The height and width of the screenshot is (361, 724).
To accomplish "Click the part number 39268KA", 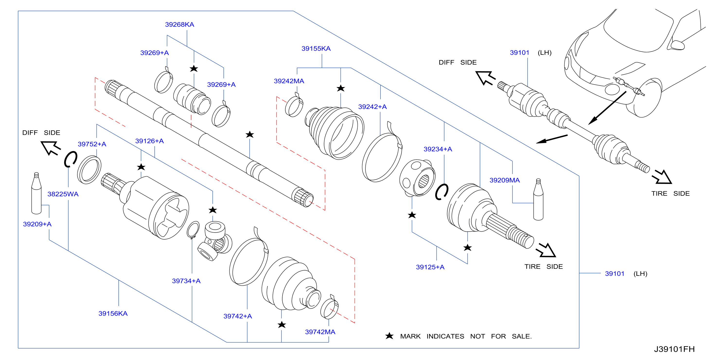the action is (x=180, y=25).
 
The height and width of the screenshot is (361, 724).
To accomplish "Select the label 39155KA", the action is (x=316, y=49).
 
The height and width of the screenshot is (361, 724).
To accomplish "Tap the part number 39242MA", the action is (x=289, y=81).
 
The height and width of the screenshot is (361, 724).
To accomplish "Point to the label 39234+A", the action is (x=438, y=149).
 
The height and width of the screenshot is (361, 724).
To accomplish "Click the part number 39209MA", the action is (x=504, y=180).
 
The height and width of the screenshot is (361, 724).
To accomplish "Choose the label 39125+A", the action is (x=430, y=267).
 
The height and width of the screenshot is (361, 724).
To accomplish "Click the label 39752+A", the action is (x=92, y=144).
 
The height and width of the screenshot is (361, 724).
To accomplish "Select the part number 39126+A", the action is (x=149, y=141).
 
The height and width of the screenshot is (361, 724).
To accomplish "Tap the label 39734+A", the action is (x=186, y=281).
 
